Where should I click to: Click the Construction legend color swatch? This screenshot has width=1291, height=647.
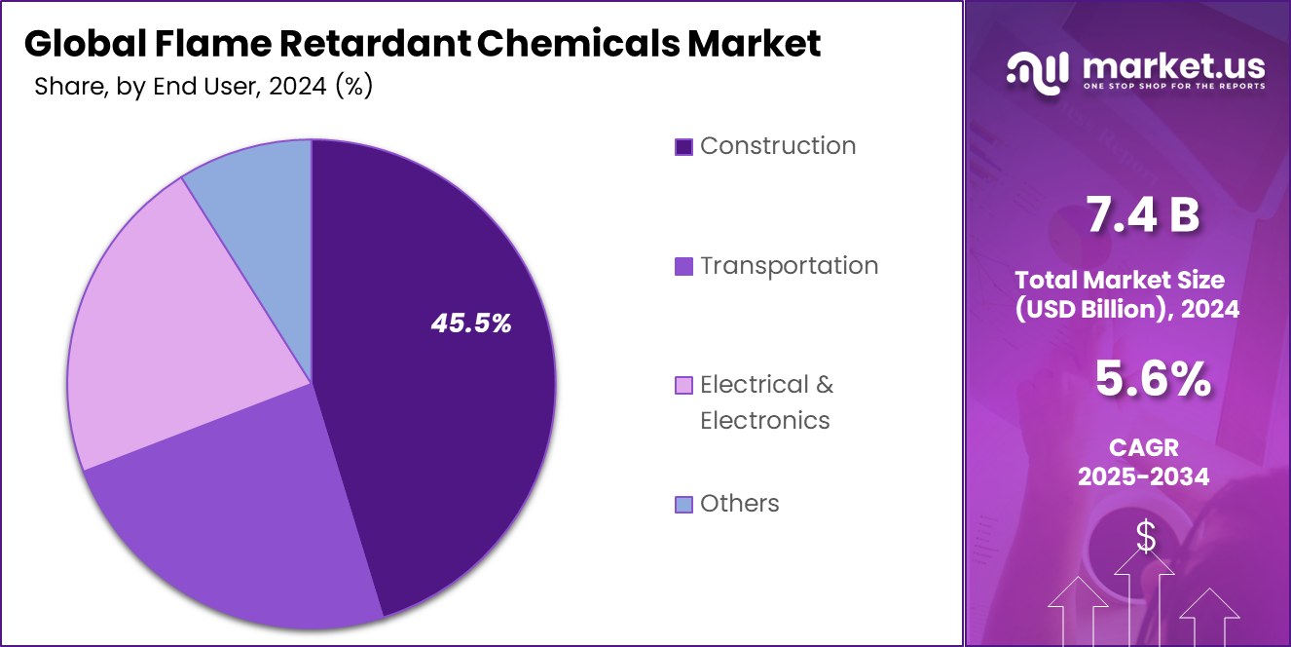click(683, 147)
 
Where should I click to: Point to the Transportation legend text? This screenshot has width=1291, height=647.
click(789, 266)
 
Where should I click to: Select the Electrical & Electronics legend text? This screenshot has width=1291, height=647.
click(766, 402)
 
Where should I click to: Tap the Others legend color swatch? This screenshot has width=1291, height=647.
click(683, 505)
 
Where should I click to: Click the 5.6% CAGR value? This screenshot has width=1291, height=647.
click(1153, 379)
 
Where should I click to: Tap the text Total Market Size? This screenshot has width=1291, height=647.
click(1120, 280)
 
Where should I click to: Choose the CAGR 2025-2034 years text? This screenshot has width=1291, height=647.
click(1144, 476)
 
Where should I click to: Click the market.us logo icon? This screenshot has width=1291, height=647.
click(1036, 72)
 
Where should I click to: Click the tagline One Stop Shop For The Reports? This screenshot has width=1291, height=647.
click(1173, 87)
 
